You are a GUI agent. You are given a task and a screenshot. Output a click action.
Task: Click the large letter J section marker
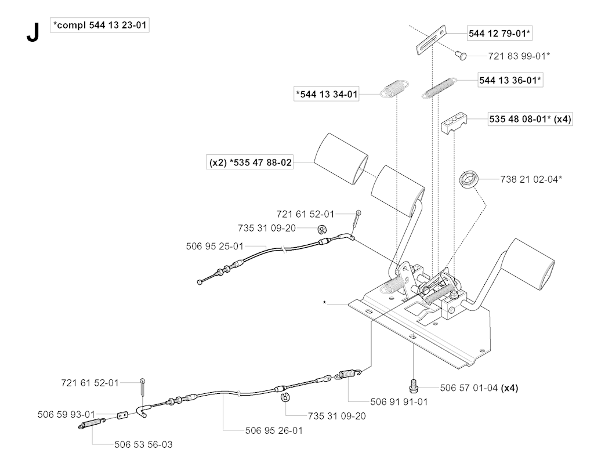(32, 33)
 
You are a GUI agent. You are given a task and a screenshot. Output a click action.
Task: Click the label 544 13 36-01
(510, 80)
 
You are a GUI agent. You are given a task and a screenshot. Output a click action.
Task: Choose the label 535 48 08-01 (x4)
(520, 119)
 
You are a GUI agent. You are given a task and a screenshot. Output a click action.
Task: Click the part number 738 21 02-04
(531, 180)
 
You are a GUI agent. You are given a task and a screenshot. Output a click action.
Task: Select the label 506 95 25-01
(215, 247)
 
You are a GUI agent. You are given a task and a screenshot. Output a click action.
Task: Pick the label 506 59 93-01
(66, 414)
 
